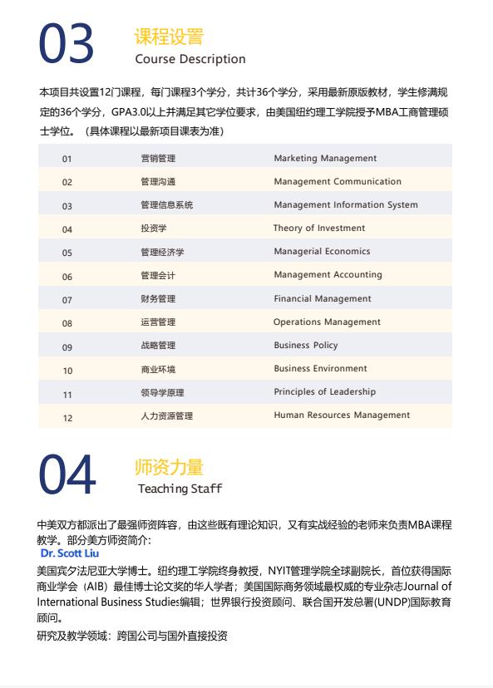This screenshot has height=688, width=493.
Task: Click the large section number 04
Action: [x=67, y=476]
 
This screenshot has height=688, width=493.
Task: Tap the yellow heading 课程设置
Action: [x=168, y=37]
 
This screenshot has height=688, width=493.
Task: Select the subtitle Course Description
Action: [x=190, y=59]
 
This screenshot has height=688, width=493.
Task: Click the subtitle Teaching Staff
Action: [x=180, y=489]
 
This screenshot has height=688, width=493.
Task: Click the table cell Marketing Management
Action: [x=325, y=158]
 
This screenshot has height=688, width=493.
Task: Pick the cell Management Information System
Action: [x=346, y=204]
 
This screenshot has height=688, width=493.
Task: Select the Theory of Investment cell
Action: [x=319, y=228]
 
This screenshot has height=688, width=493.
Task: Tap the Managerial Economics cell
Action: [x=322, y=251]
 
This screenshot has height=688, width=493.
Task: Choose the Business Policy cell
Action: [x=306, y=345]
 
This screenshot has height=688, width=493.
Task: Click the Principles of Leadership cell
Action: [x=324, y=391]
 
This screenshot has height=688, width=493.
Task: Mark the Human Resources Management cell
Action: [x=342, y=415]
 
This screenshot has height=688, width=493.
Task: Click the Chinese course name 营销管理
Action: [x=158, y=158]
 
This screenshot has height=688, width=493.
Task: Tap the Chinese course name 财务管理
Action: [x=158, y=298]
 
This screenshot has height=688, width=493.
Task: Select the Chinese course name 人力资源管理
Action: [x=166, y=415]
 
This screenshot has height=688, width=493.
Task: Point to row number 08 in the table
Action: [x=67, y=323]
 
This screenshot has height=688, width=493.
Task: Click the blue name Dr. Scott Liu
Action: [x=69, y=553]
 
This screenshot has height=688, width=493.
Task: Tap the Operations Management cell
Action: [x=327, y=322]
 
